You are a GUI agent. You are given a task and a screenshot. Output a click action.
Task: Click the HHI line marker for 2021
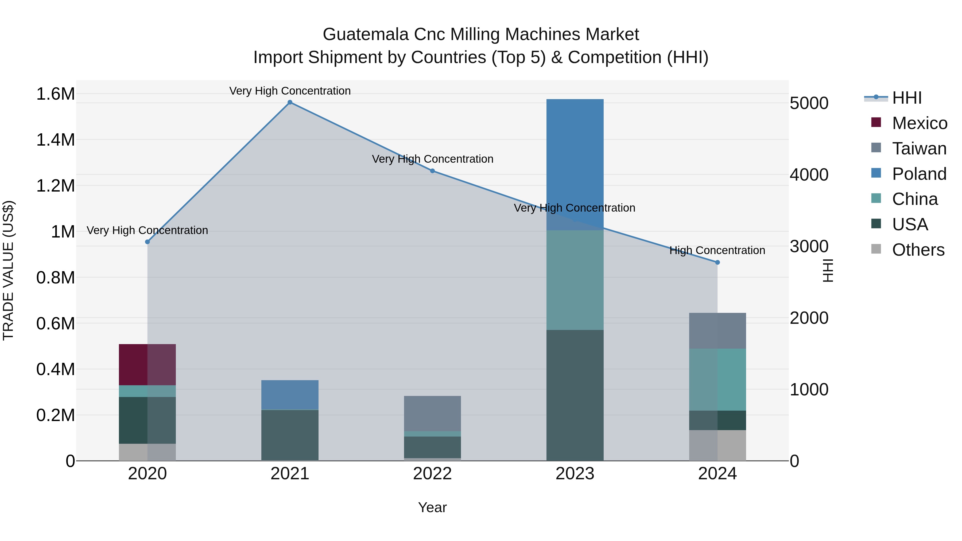pos(290,102)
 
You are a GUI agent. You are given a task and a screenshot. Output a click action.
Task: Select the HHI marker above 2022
pos(432,171)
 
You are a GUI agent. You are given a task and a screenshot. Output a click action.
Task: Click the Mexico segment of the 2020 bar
pos(147,364)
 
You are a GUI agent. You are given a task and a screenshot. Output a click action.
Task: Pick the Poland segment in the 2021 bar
pos(290,395)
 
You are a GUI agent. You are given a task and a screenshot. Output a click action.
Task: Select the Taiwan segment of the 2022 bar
pos(432,413)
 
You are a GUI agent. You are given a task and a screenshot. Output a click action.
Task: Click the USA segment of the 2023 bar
pos(575,395)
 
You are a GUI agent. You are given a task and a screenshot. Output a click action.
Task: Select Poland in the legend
pos(919,174)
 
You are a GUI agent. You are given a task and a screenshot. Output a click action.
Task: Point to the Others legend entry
pos(918,250)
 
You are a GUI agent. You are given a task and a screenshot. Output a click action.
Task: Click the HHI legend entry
pos(907,98)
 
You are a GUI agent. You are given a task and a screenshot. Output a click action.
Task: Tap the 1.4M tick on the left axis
pos(55,140)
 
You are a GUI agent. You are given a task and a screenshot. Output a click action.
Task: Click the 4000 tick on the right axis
pos(809,175)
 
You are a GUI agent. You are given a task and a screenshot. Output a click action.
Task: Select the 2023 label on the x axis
pos(575,474)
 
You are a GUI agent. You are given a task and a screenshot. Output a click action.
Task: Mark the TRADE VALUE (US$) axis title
pos(8,270)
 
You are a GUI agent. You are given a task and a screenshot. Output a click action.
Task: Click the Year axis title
pos(432,507)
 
